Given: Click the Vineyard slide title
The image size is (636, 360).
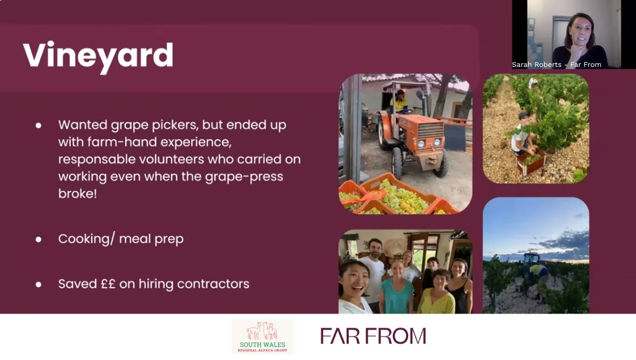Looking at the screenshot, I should [98, 56].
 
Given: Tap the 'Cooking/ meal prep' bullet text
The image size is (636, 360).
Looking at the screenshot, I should [120, 239].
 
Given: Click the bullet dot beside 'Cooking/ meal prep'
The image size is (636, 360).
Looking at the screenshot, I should [38, 239].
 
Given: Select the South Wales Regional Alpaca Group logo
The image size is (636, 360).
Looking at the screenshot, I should [263, 337].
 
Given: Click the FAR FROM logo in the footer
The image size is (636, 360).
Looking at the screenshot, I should [373, 336].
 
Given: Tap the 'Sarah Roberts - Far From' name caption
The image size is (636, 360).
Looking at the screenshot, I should [556, 65].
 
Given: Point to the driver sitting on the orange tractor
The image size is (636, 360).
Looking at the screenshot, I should [400, 101].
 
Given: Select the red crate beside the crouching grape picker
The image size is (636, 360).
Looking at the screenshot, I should [531, 161].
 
